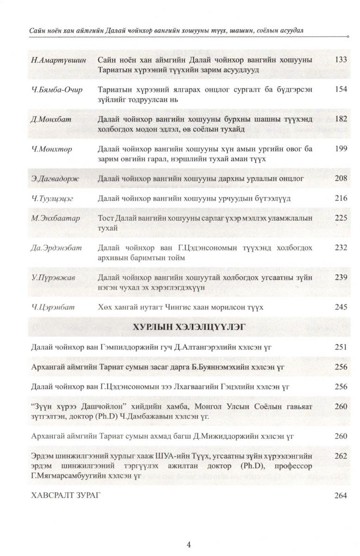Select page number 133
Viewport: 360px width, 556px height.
click(341, 60)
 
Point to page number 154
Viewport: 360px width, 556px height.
click(341, 89)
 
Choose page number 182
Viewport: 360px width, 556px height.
click(341, 119)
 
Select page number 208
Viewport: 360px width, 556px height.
click(341, 178)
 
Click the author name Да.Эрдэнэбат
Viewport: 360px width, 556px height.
click(57, 247)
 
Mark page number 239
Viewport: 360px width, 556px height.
click(341, 277)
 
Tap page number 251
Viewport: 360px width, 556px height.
click(341, 347)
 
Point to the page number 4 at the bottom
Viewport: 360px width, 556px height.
click(188, 544)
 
